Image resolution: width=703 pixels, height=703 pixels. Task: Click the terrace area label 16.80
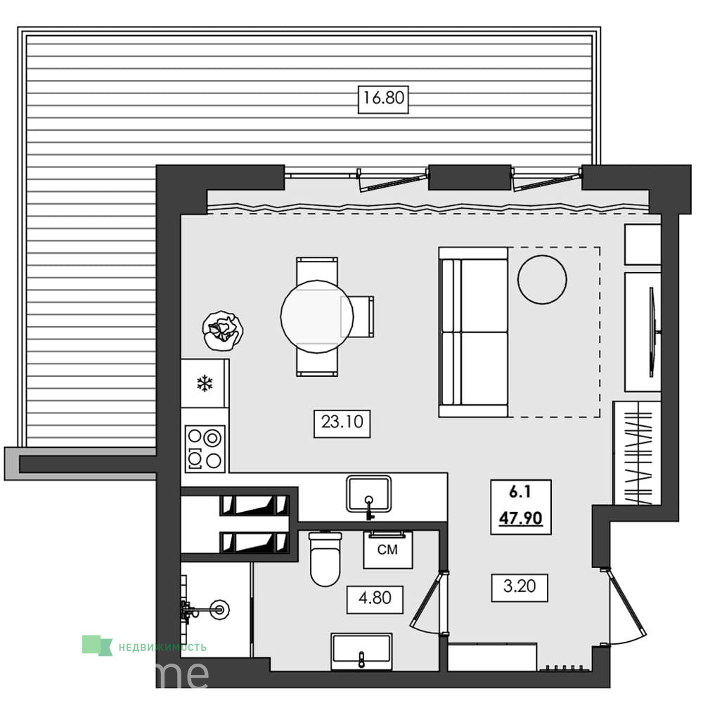tap(383, 98)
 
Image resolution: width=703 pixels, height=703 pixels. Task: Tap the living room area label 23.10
tap(342, 422)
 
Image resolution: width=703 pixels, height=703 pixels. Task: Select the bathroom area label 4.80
tap(375, 598)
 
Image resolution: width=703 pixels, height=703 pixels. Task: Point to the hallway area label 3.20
tap(520, 586)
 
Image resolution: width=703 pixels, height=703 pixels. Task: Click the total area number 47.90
tap(520, 518)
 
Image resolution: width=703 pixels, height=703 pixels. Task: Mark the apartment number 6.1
tap(520, 492)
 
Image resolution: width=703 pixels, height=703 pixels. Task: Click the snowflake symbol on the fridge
tap(205, 384)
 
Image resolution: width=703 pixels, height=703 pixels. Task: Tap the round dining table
tap(317, 316)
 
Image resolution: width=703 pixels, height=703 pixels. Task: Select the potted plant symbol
tap(223, 330)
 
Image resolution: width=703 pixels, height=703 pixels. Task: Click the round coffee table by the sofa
tap(542, 280)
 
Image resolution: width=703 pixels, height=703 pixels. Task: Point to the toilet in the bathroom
tap(325, 559)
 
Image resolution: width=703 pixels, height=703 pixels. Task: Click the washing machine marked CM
tap(388, 550)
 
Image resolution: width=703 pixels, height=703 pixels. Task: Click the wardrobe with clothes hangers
tap(637, 453)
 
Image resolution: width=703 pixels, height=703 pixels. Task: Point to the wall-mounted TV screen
tap(653, 333)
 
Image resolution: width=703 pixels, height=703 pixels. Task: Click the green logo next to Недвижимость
tap(97, 645)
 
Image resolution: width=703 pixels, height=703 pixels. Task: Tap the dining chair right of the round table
tap(358, 316)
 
